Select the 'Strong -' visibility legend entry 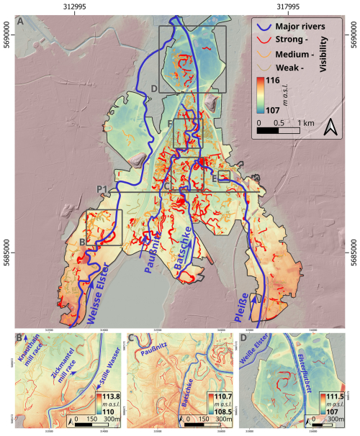[293, 40]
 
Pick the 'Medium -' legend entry [296, 55]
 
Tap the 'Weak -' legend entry [292, 69]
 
